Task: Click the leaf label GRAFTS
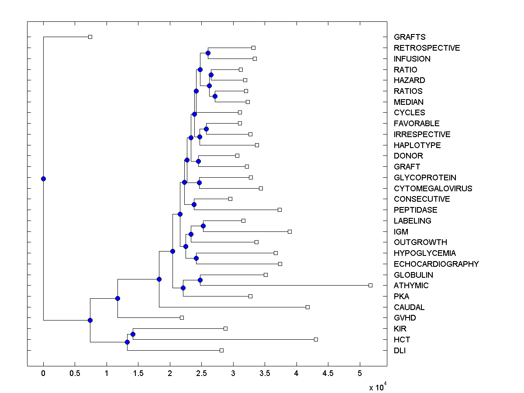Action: tap(409, 37)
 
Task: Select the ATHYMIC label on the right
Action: tap(411, 286)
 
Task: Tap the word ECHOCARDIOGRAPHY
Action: tap(436, 264)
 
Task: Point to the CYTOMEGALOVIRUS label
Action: tap(433, 189)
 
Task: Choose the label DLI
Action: tap(400, 351)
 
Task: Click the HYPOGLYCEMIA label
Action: tap(424, 253)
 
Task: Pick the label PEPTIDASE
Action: tap(415, 210)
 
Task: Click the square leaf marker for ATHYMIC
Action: tap(370, 285)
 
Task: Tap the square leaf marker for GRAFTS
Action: tap(90, 37)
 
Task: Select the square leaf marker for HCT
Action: tap(316, 339)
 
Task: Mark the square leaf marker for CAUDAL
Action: tap(307, 307)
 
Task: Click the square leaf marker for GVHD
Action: tap(182, 317)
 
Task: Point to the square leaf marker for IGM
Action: tap(290, 231)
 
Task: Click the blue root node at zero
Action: tap(43, 179)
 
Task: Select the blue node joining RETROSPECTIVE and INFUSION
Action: tap(208, 53)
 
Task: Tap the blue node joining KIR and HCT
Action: tap(133, 334)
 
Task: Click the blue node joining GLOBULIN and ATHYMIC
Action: tap(200, 280)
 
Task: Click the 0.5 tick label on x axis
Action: tap(75, 373)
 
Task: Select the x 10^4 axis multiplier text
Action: tap(377, 387)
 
